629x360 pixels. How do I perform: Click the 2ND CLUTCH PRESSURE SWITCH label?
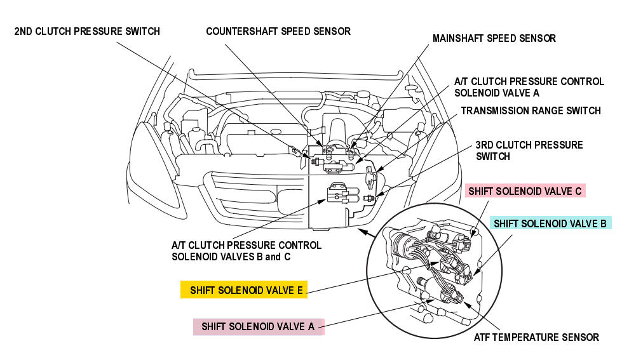coord(87,31)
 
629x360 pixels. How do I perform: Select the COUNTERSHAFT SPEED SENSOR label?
coord(278,31)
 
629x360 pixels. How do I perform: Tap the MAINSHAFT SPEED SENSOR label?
coord(494,39)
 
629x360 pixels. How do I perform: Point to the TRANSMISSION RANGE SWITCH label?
coord(531,110)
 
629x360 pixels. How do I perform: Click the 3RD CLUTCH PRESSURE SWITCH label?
coord(529,150)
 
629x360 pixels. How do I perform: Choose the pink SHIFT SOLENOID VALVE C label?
coord(525,190)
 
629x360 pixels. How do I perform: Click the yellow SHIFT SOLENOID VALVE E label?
coord(244,290)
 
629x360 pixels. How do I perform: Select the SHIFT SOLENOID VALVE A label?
coord(258,326)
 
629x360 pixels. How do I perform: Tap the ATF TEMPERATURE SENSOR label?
coord(536,337)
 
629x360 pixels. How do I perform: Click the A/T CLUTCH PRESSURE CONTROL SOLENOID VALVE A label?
coord(529,87)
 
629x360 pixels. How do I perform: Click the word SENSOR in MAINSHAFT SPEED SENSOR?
coord(537,39)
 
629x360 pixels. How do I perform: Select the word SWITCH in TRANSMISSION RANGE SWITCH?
coord(583,110)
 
